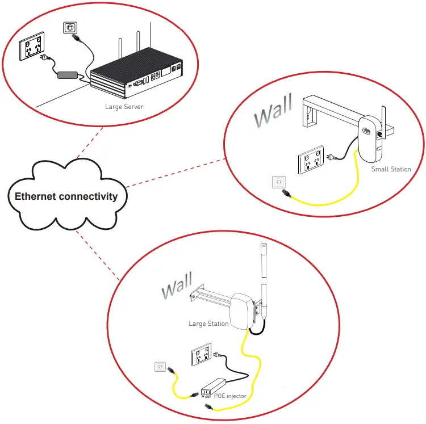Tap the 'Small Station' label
[x=391, y=169]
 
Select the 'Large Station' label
[x=208, y=324]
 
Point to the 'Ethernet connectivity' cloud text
[x=66, y=196]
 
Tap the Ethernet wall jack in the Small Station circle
[x=279, y=182]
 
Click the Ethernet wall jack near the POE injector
[x=161, y=368]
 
